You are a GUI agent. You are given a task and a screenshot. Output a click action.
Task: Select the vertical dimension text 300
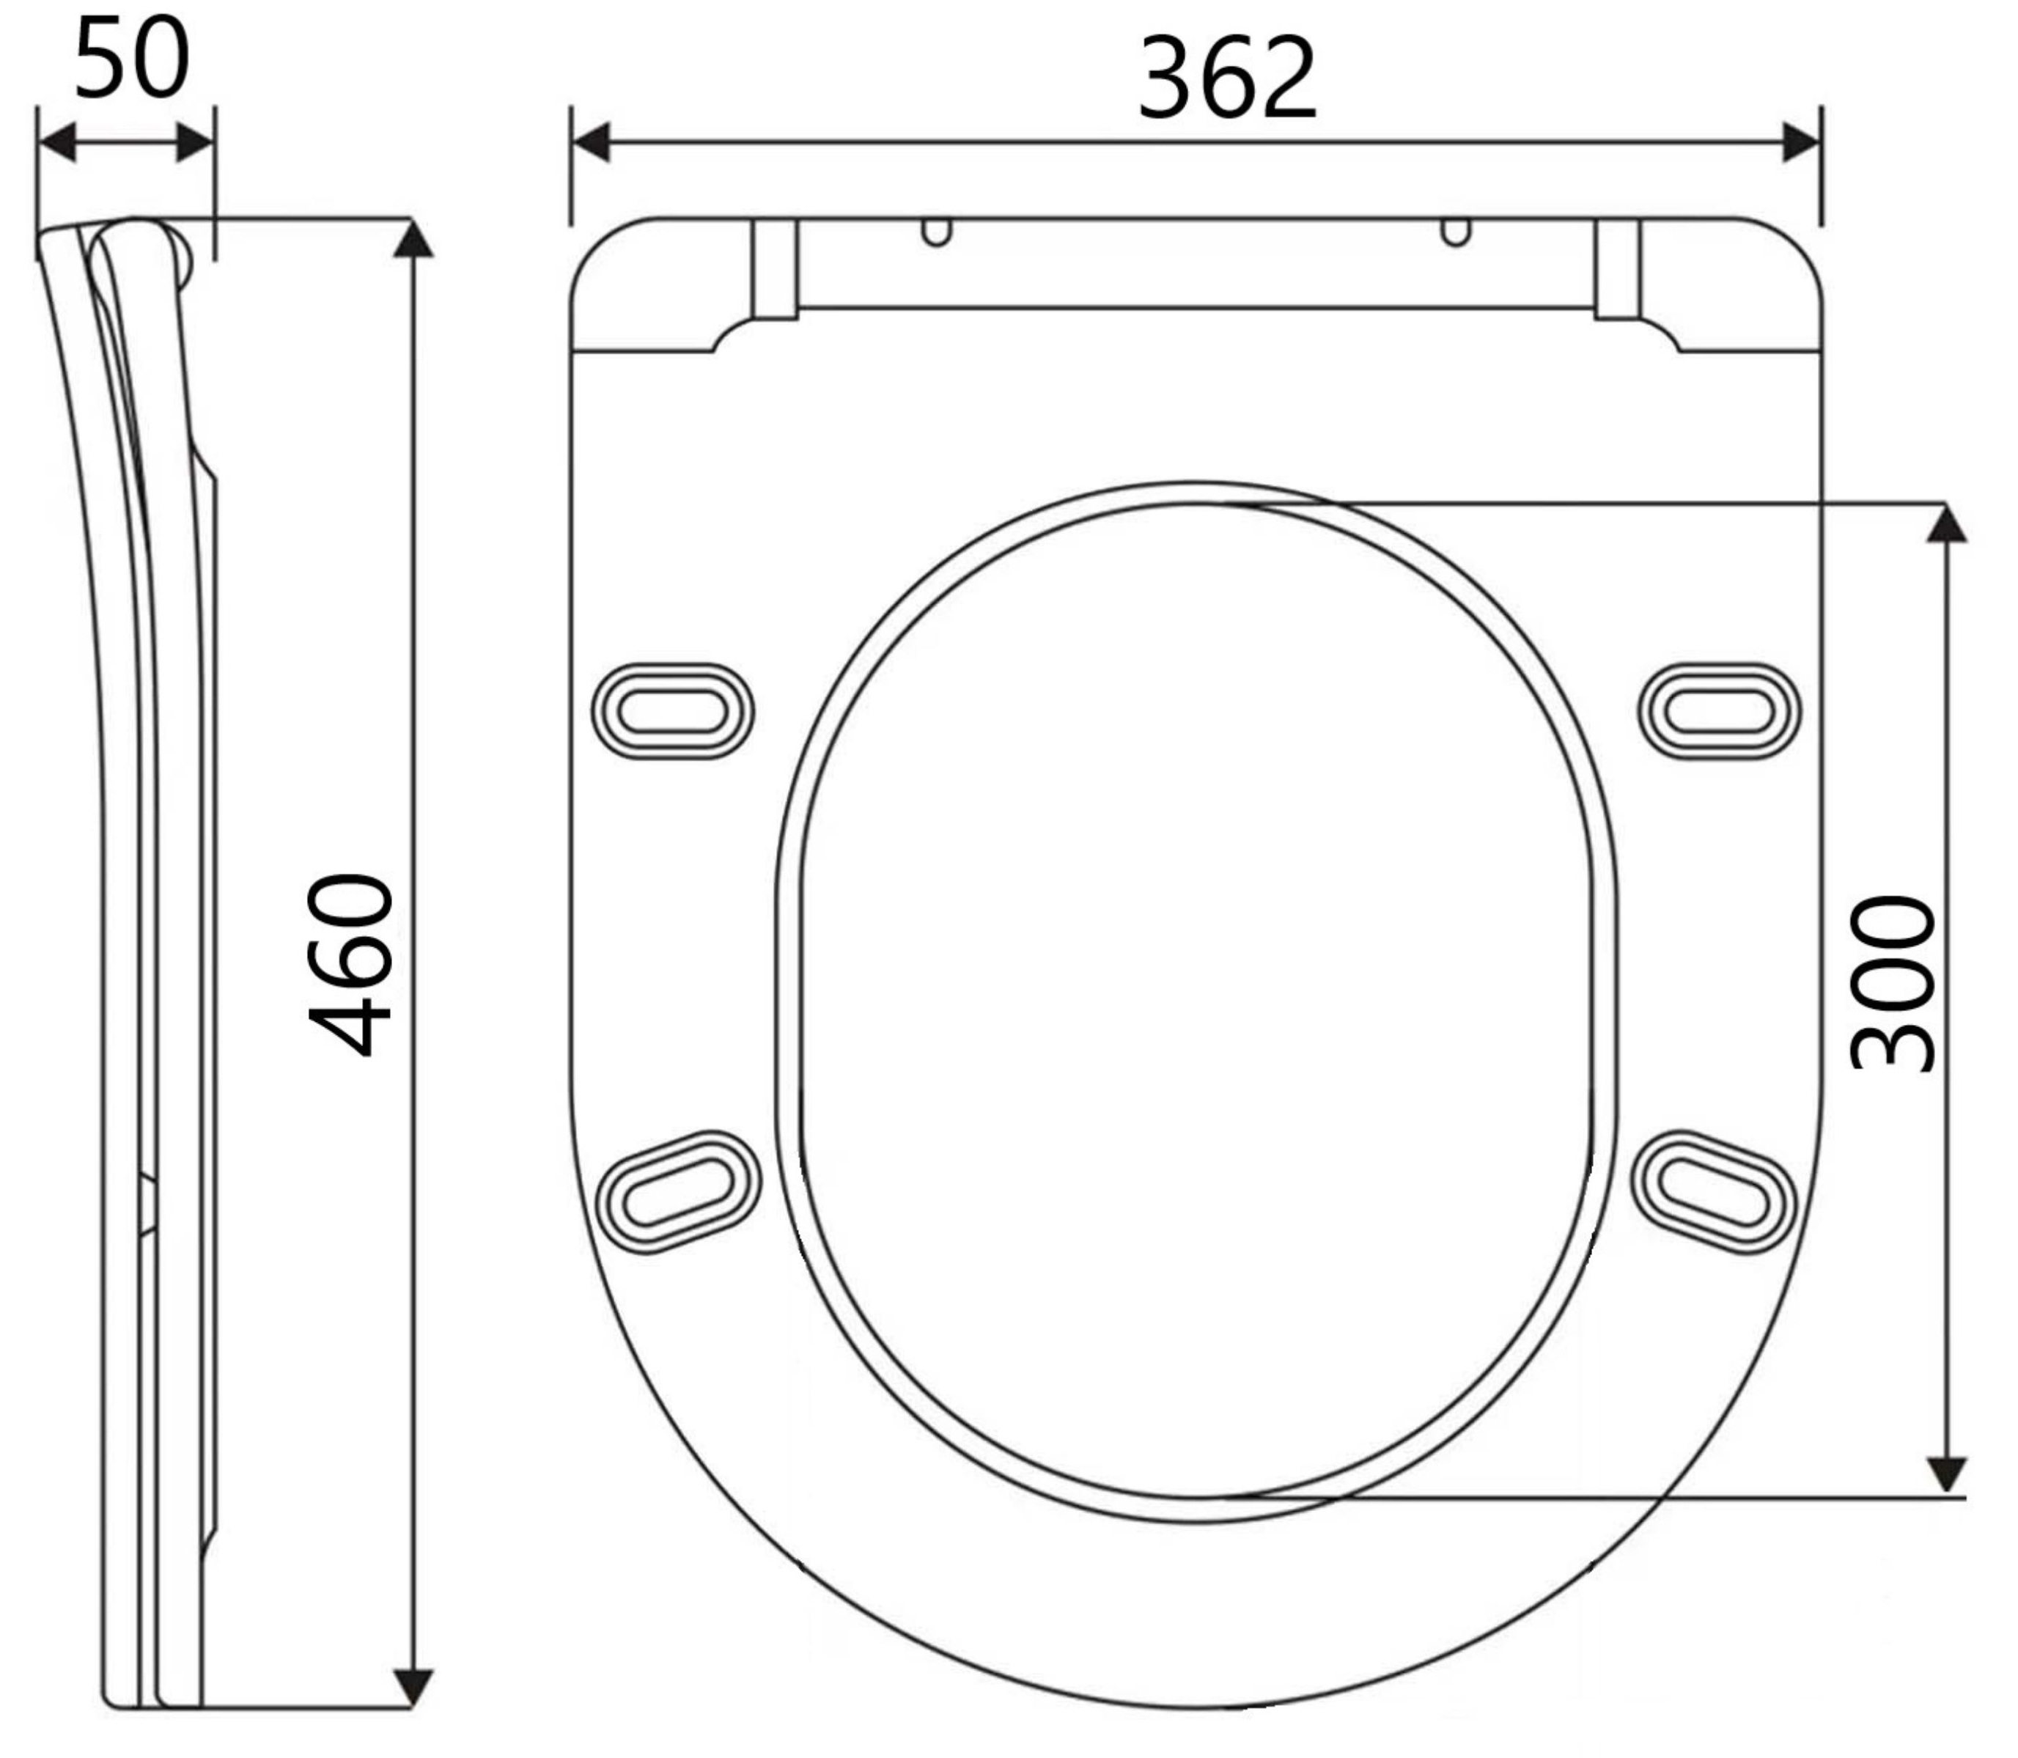[1893, 981]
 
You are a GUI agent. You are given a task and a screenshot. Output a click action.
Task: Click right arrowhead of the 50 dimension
[194, 143]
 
